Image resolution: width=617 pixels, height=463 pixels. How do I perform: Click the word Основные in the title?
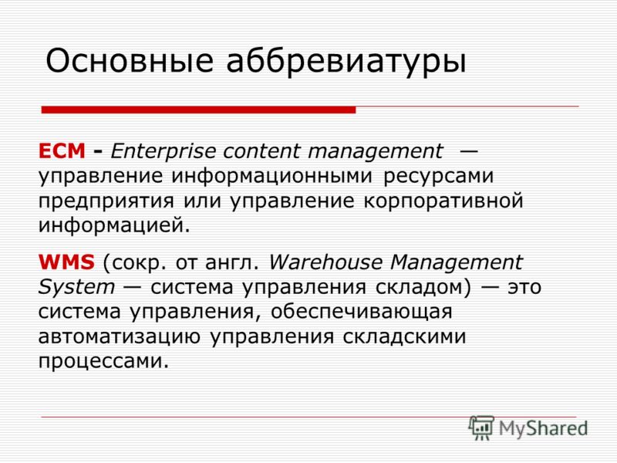(130, 61)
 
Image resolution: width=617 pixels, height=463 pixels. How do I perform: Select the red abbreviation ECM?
(62, 150)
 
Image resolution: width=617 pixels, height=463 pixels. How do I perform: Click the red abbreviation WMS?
(66, 262)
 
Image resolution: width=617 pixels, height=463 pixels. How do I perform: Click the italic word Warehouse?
(325, 262)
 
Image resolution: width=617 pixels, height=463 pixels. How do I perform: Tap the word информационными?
(271, 177)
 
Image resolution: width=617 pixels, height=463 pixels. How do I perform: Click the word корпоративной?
(443, 201)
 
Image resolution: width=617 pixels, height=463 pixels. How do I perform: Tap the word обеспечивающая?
(361, 313)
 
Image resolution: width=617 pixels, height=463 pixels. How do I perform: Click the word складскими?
(404, 336)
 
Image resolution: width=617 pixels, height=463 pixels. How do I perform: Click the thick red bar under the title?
(198, 110)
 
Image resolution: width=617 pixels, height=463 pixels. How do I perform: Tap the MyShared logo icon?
(481, 428)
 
